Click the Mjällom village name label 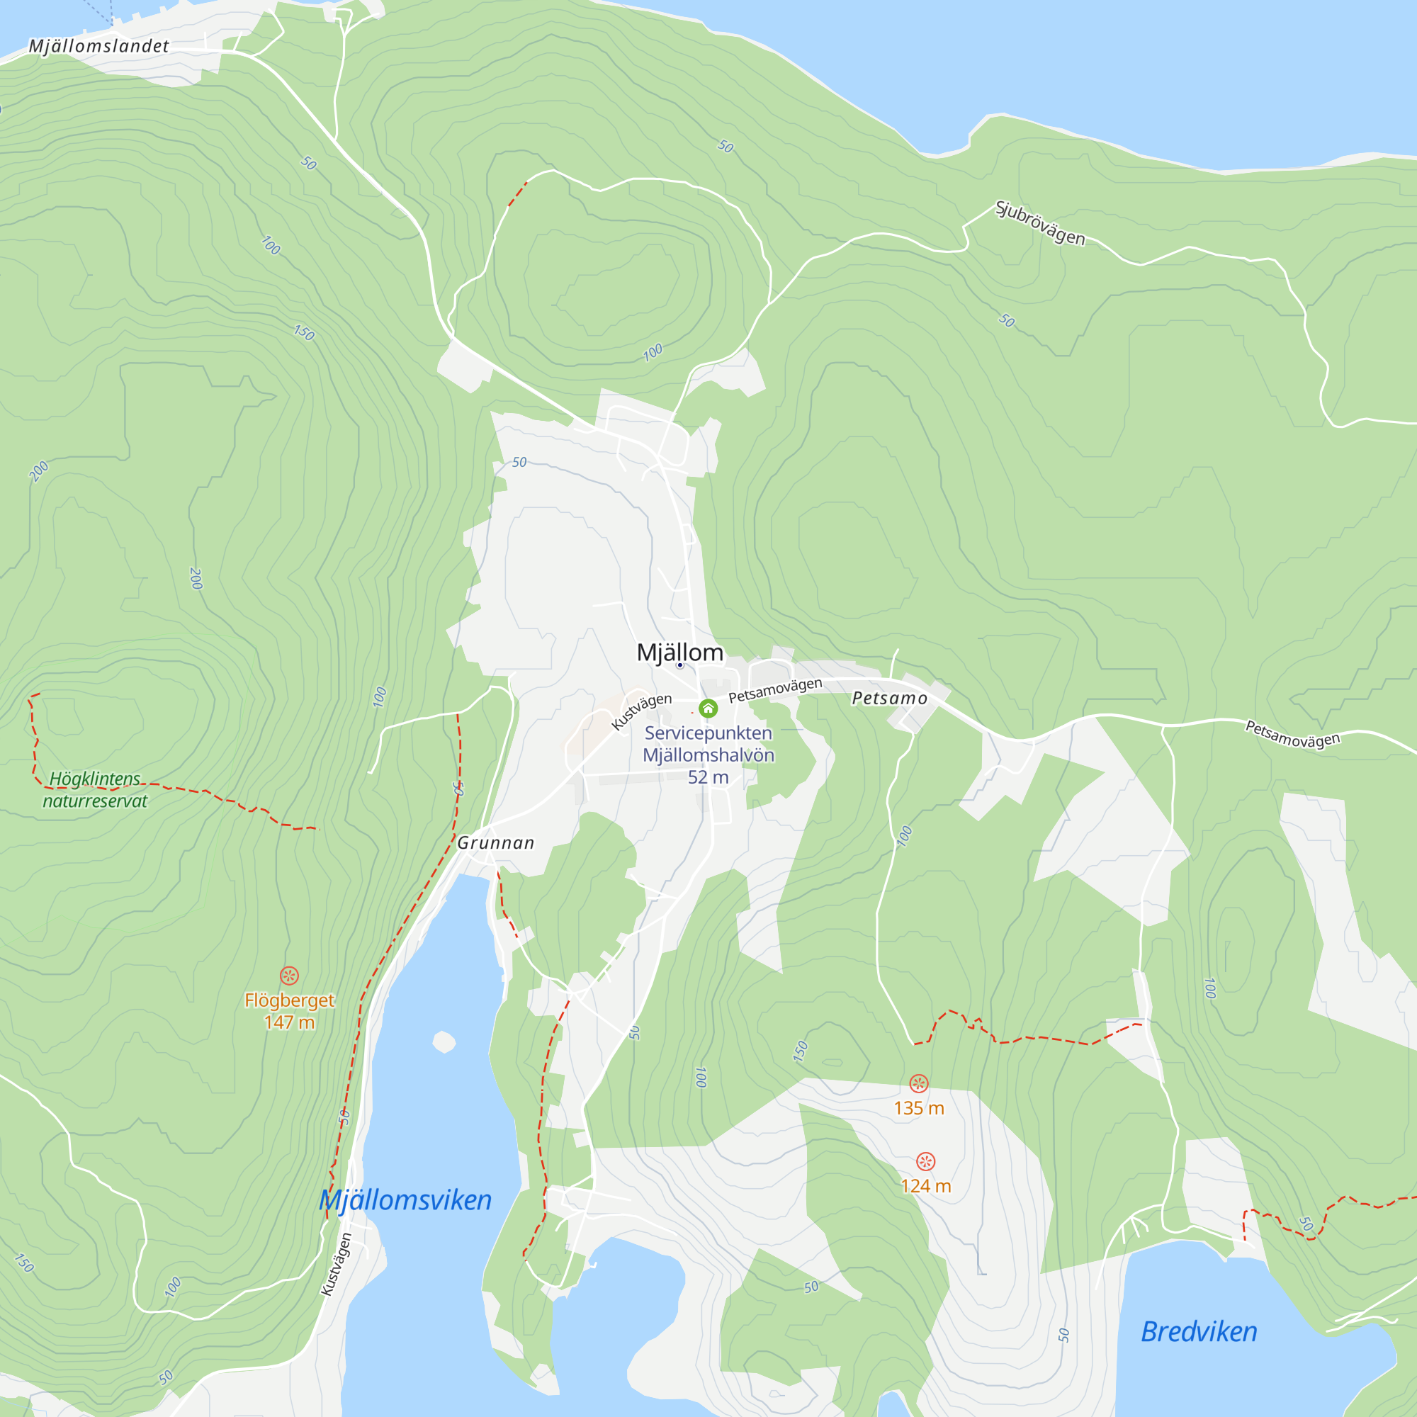679,652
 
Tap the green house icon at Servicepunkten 708,708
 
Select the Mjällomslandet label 99,46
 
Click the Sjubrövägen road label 1039,222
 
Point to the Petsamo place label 890,699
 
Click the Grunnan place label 496,842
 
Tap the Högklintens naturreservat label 95,789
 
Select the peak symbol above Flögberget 289,976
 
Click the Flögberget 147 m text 289,1011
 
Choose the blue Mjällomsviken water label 405,1201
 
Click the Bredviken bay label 1199,1331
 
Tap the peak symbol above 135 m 918,1083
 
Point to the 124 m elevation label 925,1186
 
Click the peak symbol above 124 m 925,1161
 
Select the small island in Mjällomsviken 444,1041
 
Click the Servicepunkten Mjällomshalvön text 708,744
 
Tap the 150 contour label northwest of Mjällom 304,332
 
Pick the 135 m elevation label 918,1108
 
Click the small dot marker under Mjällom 679,665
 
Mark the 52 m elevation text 708,777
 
